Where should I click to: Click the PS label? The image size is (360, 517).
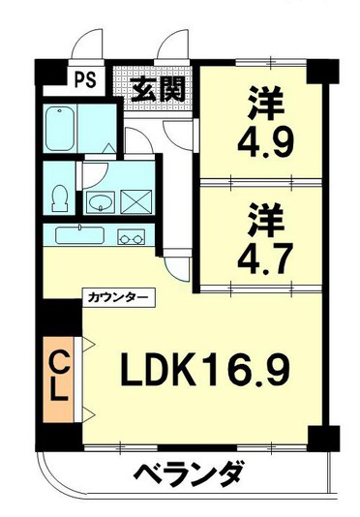point(86,79)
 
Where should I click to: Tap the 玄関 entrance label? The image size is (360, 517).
point(158,90)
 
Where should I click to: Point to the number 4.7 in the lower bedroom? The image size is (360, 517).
point(265,258)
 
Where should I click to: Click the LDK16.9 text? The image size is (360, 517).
point(205,370)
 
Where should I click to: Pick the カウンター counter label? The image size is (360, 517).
point(118,298)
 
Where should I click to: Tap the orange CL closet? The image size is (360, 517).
point(58,380)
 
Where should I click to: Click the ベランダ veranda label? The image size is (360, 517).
point(190,475)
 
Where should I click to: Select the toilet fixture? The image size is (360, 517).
point(60,198)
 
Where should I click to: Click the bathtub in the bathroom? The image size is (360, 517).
point(60,129)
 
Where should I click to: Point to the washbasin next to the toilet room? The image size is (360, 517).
point(101,201)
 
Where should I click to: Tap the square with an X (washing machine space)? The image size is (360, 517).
point(136,201)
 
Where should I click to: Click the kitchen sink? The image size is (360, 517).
point(80,235)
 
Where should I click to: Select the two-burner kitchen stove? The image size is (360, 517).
point(132,237)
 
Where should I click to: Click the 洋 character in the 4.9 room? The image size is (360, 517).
point(266,104)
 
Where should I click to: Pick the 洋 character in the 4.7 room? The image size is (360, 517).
point(266,219)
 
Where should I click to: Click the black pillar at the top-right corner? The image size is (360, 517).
point(323,71)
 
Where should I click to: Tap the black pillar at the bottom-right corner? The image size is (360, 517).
point(323,438)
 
